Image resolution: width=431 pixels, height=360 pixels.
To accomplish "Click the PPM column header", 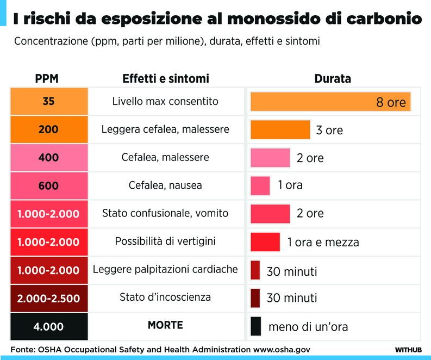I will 47,79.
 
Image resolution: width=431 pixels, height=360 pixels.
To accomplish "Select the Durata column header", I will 333,79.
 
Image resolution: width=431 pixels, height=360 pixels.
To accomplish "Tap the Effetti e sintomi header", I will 165,79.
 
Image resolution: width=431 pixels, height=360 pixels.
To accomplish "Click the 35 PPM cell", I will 49,102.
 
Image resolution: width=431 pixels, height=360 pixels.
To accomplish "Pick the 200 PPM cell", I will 49,129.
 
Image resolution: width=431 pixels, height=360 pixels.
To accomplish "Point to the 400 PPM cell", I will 49,158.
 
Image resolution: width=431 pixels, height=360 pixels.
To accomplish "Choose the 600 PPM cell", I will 49,185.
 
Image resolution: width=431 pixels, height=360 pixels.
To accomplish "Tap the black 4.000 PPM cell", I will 49,326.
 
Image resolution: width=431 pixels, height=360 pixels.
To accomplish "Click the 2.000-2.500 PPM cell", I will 49,298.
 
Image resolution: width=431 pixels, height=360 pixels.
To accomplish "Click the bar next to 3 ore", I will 280,129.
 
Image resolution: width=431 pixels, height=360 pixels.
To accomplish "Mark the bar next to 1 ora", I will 260,185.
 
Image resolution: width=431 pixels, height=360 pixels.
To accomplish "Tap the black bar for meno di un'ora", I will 255,326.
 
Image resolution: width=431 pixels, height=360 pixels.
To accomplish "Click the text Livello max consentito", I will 165,102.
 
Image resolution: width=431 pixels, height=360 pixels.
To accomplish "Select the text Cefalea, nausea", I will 165,185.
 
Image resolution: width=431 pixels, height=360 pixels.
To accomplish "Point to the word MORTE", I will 165,326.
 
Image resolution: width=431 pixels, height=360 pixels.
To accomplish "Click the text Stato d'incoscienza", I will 165,297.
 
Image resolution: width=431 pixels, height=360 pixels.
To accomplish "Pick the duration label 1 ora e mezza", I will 323,242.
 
